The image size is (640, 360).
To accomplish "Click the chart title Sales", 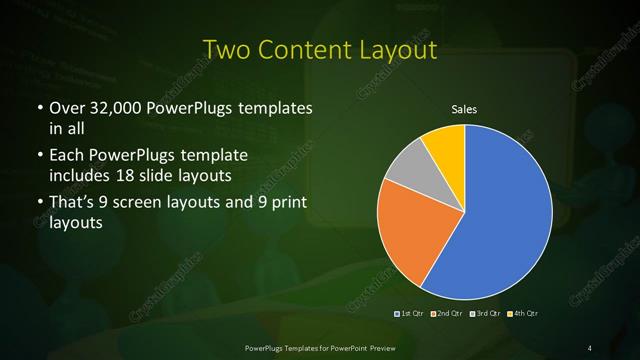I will coord(464,110).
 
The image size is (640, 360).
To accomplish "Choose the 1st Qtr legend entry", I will coord(410,314).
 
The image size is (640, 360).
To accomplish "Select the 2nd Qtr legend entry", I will coord(449,314).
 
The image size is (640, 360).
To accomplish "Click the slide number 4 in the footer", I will coord(591,347).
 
